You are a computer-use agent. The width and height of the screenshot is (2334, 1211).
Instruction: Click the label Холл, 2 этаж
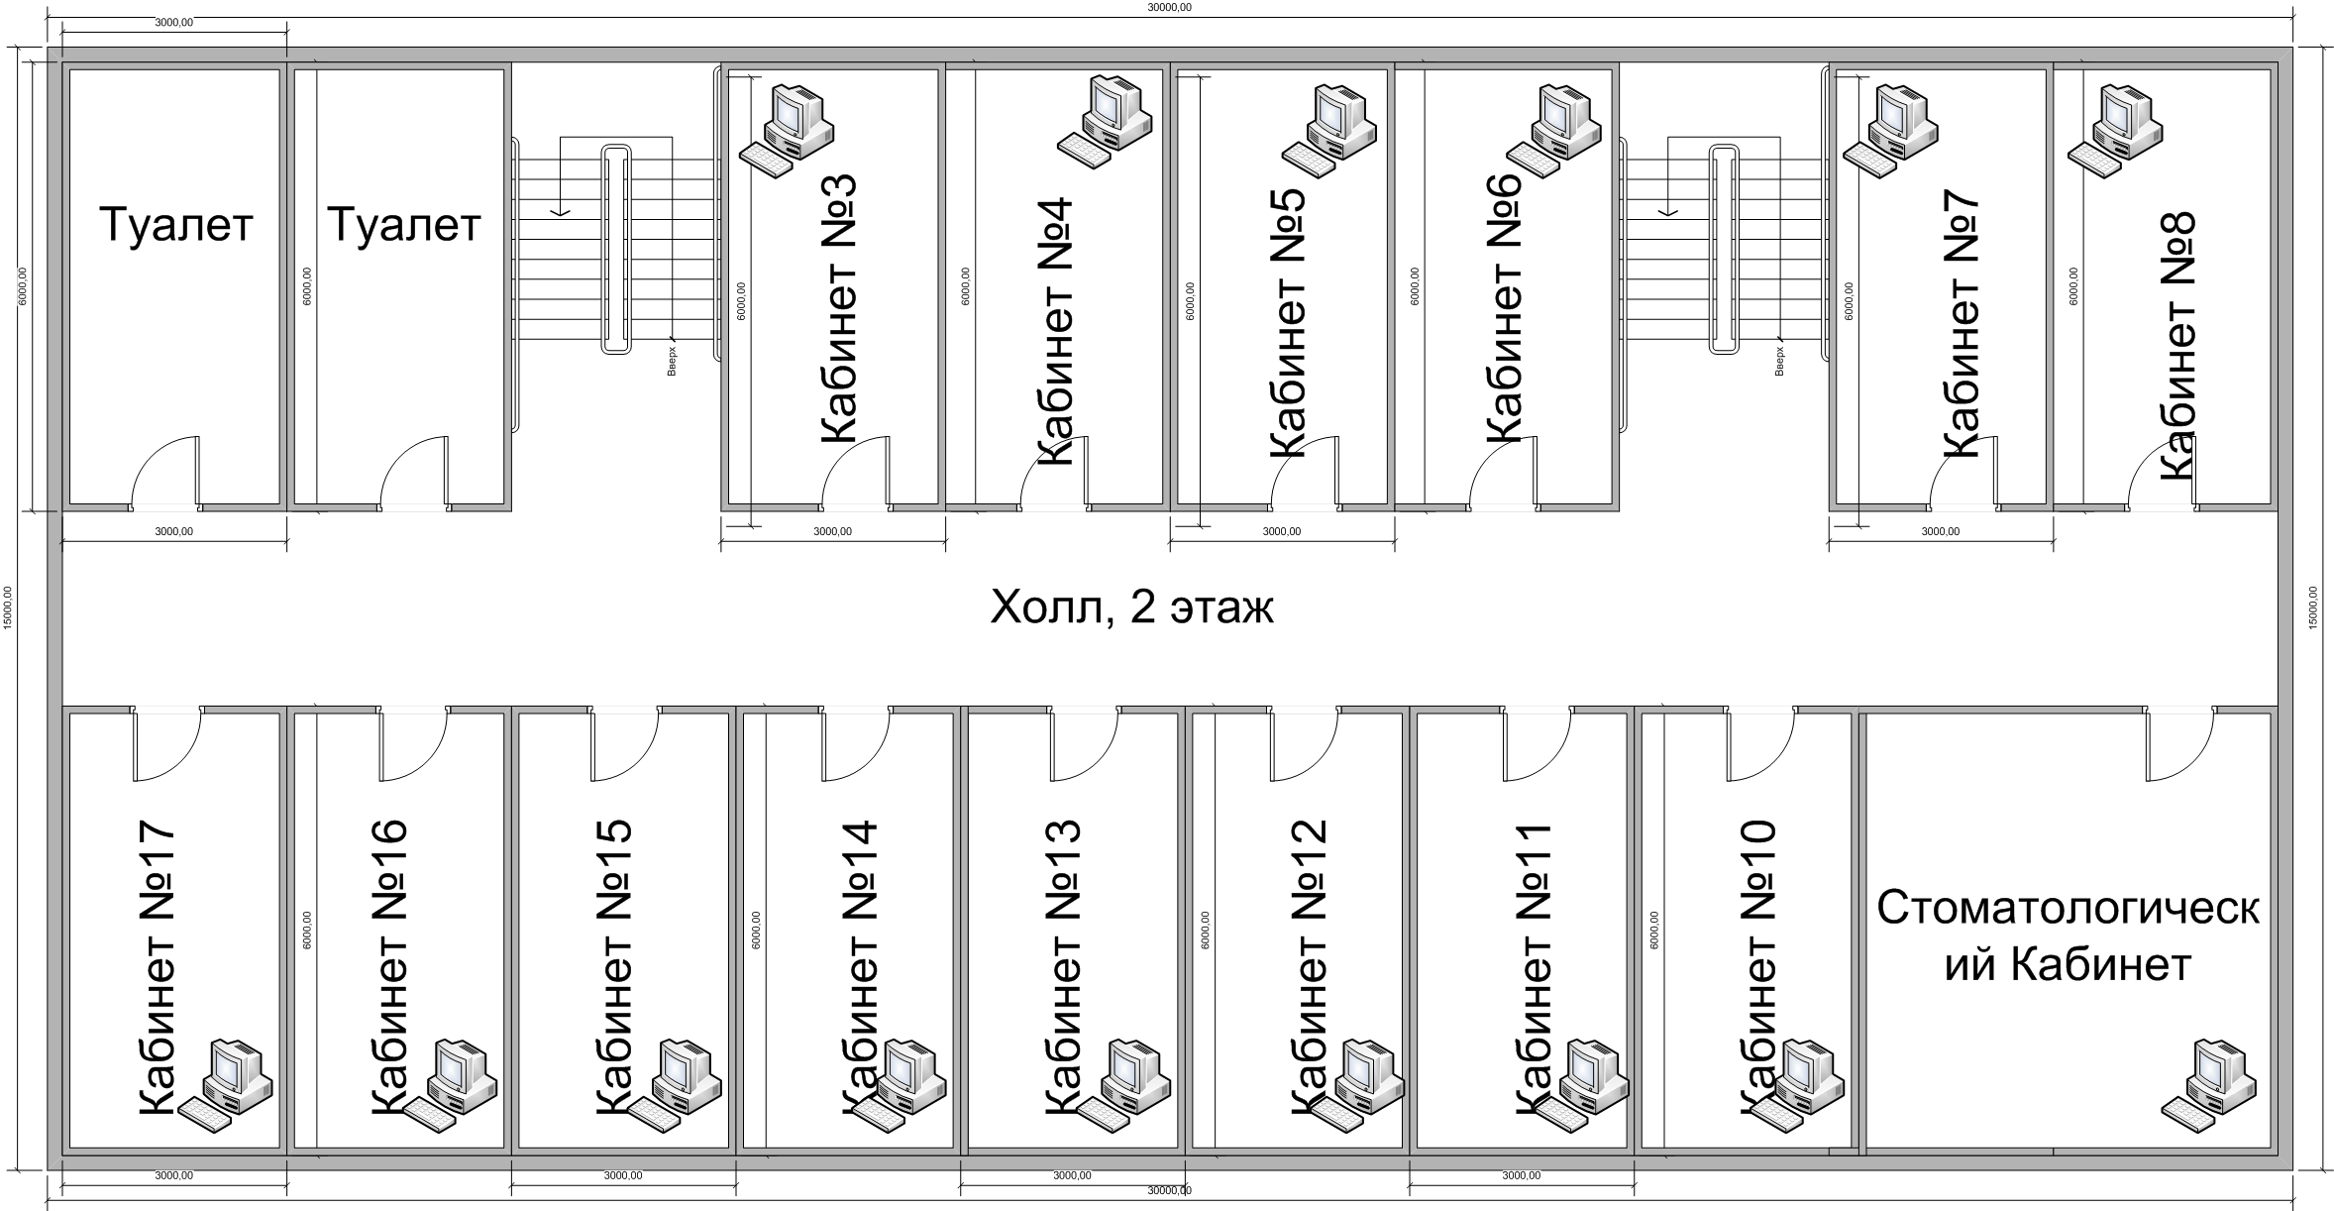click(1131, 607)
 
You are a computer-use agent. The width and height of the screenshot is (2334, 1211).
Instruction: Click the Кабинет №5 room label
click(1287, 322)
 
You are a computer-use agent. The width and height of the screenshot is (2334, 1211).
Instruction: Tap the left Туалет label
click(175, 225)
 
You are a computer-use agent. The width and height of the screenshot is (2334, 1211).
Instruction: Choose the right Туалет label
click(403, 225)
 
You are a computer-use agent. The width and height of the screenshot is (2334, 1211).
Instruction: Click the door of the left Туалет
click(166, 473)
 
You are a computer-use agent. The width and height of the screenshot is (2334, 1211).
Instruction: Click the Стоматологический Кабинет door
click(2180, 744)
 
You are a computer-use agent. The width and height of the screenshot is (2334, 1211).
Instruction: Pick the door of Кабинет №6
click(1504, 473)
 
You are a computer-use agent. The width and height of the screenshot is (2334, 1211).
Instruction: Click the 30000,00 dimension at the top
click(1169, 7)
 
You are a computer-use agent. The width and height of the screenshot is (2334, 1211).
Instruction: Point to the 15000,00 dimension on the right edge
click(2313, 606)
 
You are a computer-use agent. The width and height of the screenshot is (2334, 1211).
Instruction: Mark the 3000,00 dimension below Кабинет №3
click(832, 532)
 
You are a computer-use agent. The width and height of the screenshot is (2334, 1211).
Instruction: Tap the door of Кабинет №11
click(1537, 744)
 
